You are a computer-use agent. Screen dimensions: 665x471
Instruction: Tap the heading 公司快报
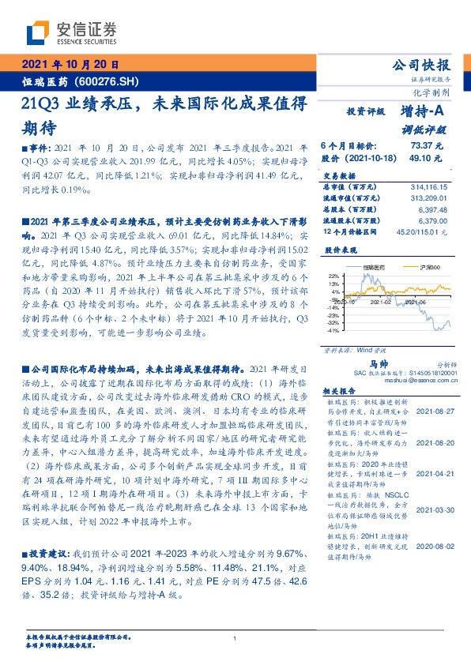427,65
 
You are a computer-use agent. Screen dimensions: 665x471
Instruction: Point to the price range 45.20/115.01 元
421,232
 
